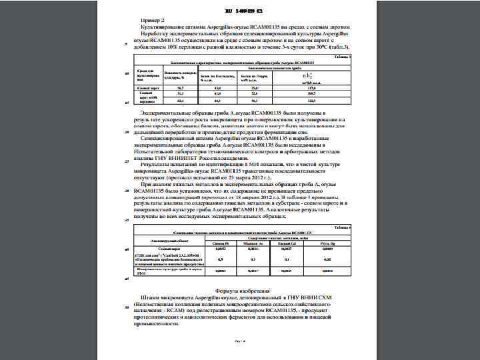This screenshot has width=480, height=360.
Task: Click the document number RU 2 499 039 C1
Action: pyautogui.click(x=241, y=11)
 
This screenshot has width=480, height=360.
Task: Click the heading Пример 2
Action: pyautogui.click(x=153, y=21)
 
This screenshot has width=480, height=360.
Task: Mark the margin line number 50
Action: pyautogui.click(x=127, y=307)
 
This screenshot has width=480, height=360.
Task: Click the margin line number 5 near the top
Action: pyautogui.click(x=126, y=45)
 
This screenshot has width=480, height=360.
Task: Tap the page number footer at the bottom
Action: pyautogui.click(x=240, y=341)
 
